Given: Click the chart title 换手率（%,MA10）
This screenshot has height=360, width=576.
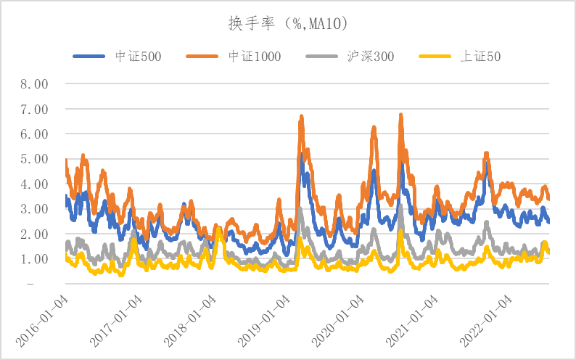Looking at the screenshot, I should click(288, 24).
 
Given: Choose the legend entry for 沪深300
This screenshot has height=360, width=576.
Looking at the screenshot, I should click(370, 55).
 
